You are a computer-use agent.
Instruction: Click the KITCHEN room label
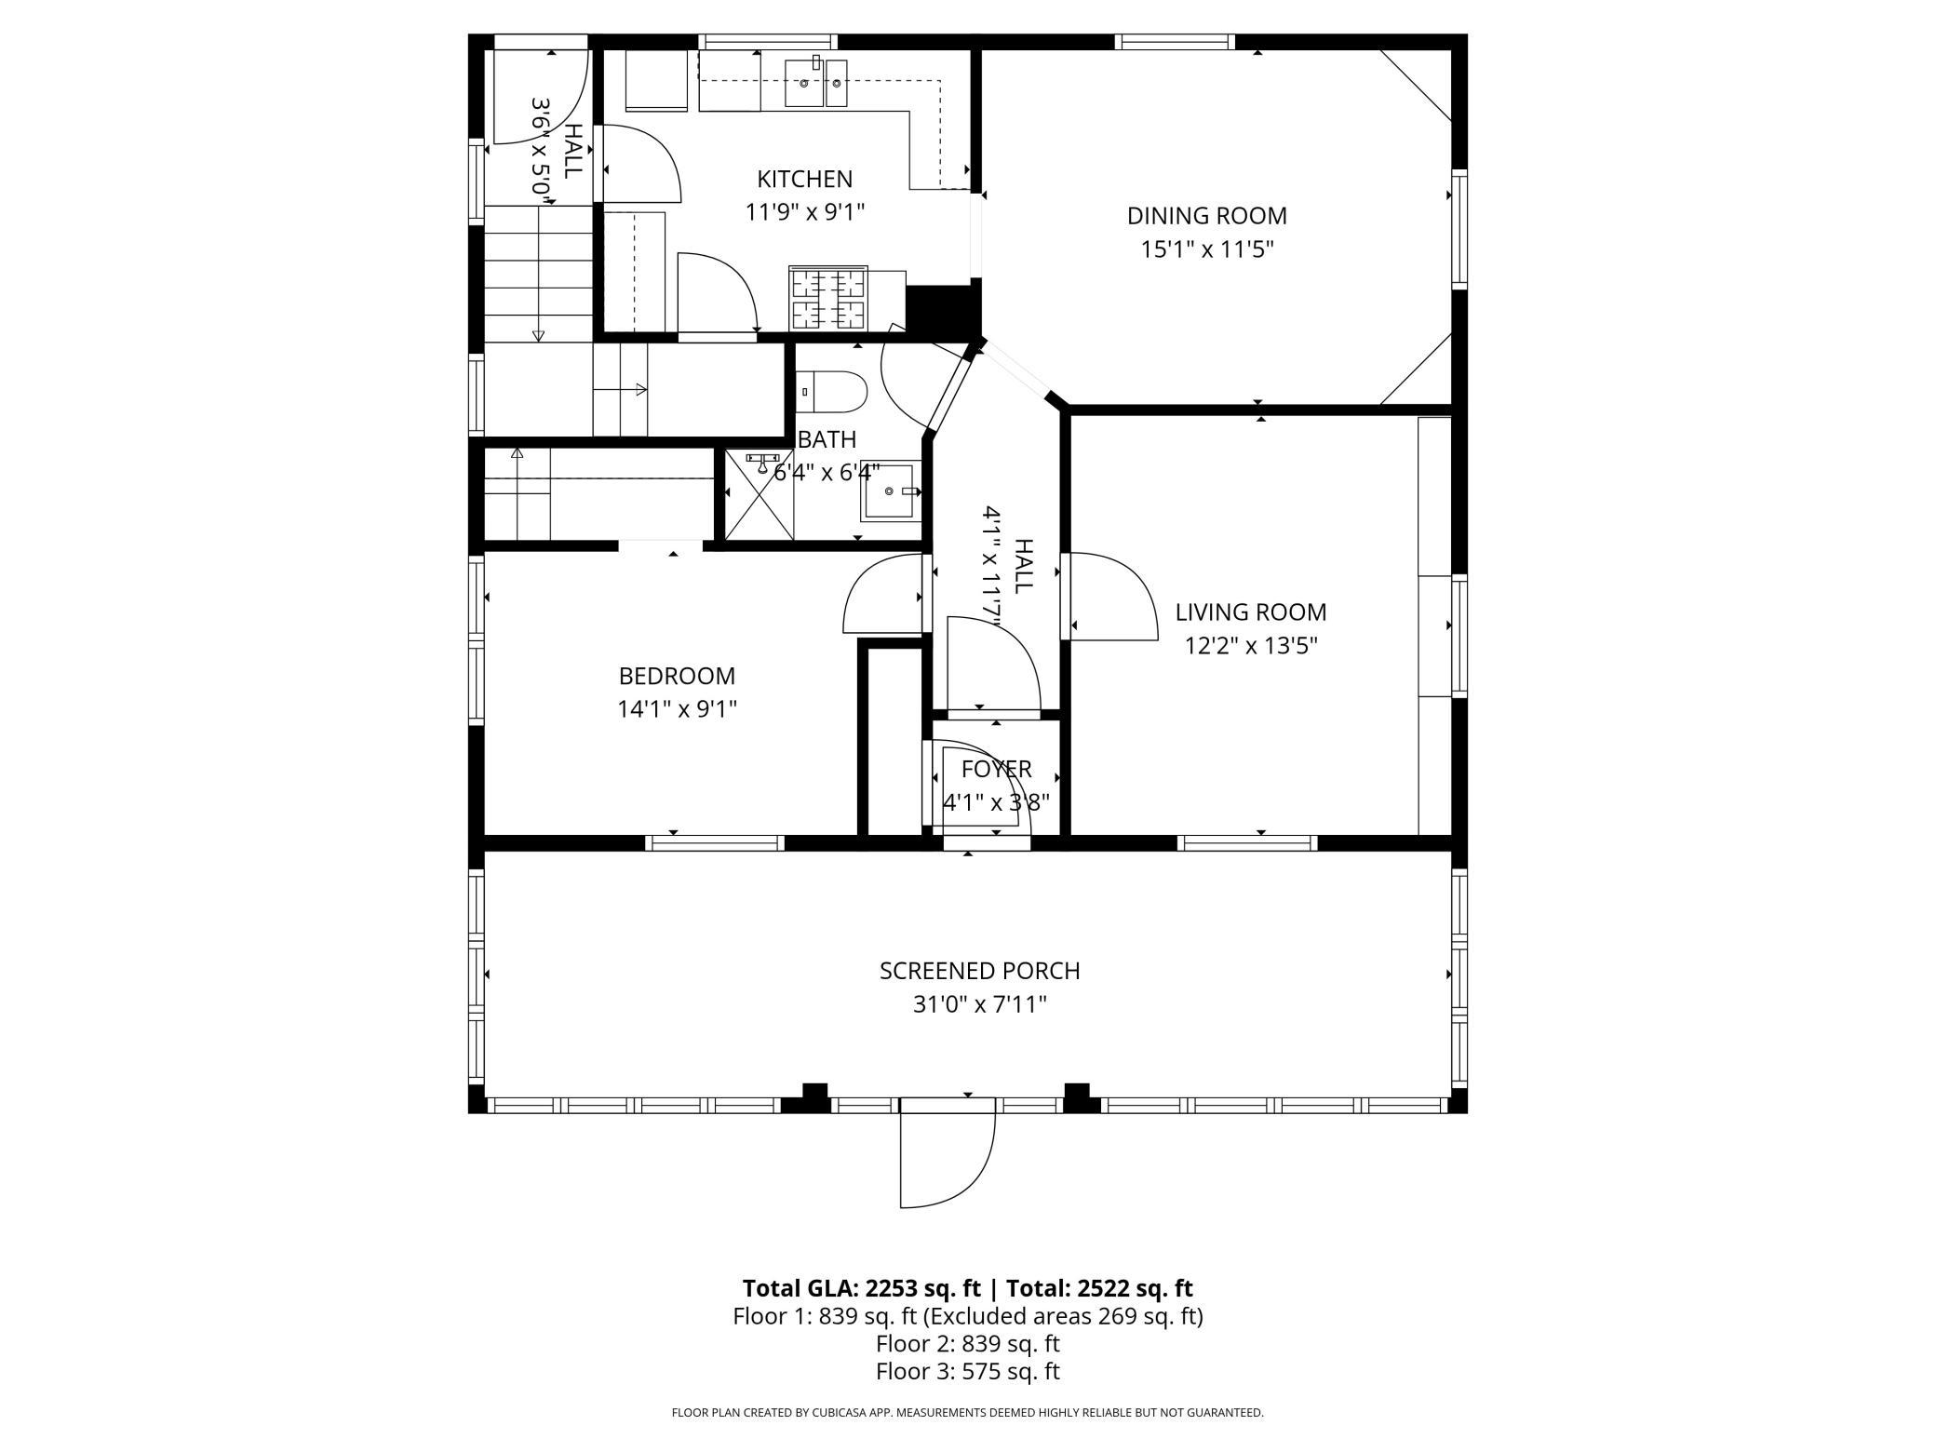tap(804, 179)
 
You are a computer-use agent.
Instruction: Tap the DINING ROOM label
tap(1207, 216)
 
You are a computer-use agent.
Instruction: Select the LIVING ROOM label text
tap(1251, 612)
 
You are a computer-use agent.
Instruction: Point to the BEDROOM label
tap(677, 676)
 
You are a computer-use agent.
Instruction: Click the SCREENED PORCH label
tap(980, 971)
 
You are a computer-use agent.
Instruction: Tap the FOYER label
tap(997, 769)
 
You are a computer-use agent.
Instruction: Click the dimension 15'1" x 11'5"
tap(1207, 249)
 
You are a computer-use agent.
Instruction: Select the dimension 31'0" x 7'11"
tap(980, 1004)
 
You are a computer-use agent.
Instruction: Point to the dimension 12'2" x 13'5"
tap(1251, 646)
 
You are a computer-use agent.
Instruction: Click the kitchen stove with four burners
tap(827, 298)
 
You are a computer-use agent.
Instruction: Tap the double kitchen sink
tap(816, 82)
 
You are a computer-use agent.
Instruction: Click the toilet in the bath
tap(831, 392)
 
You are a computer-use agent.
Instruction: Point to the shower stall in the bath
tap(760, 495)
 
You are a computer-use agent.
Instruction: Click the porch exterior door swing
tap(948, 1154)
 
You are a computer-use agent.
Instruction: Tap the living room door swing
tap(1113, 597)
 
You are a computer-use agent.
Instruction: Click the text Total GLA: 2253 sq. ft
tap(861, 1288)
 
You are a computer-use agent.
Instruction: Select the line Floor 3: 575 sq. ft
tap(968, 1371)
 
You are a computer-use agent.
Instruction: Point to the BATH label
tap(827, 438)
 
